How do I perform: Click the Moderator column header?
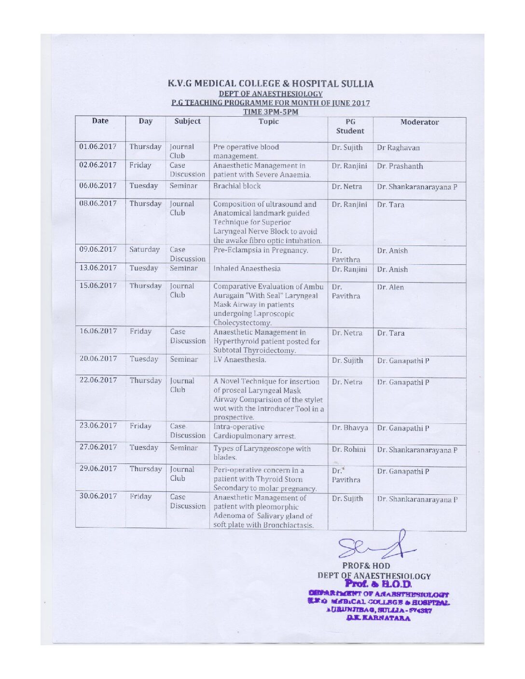click(x=419, y=122)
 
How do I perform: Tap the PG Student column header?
click(x=350, y=126)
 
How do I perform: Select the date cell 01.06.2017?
click(x=98, y=147)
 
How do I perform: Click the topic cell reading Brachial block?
click(x=237, y=186)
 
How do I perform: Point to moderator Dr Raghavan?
click(x=398, y=148)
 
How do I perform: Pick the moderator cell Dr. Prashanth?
click(x=400, y=166)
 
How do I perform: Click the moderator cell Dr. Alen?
click(x=390, y=287)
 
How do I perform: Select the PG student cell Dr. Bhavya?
click(x=349, y=427)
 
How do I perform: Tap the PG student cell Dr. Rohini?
click(x=348, y=449)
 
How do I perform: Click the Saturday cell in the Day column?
click(x=144, y=250)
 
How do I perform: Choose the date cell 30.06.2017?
click(x=98, y=496)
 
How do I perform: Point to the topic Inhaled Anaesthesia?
click(x=247, y=269)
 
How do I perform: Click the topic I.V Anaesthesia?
click(x=240, y=359)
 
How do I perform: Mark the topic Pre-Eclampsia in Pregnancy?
click(x=261, y=250)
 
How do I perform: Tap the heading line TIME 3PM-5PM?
click(x=270, y=112)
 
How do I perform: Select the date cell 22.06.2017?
click(x=98, y=380)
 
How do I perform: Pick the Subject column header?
click(x=187, y=122)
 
